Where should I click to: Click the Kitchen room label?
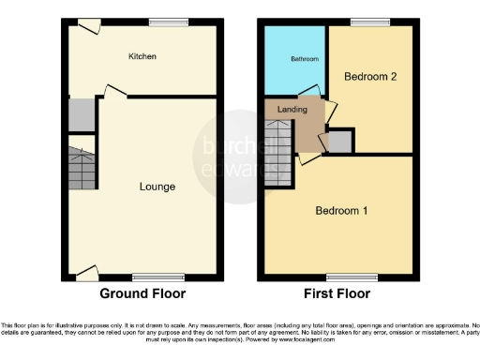click(142, 57)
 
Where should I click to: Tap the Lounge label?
click(157, 187)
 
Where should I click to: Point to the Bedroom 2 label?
click(365, 77)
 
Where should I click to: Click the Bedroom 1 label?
click(340, 210)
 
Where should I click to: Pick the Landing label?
click(292, 110)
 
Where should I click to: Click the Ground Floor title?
click(142, 293)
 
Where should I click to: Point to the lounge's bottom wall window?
click(145, 277)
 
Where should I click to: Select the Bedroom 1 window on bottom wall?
click(340, 277)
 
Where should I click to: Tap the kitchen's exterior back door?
click(90, 27)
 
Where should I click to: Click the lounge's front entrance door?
click(86, 272)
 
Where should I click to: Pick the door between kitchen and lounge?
click(112, 91)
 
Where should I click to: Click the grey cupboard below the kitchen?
click(81, 114)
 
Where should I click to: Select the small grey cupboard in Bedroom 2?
click(340, 142)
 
